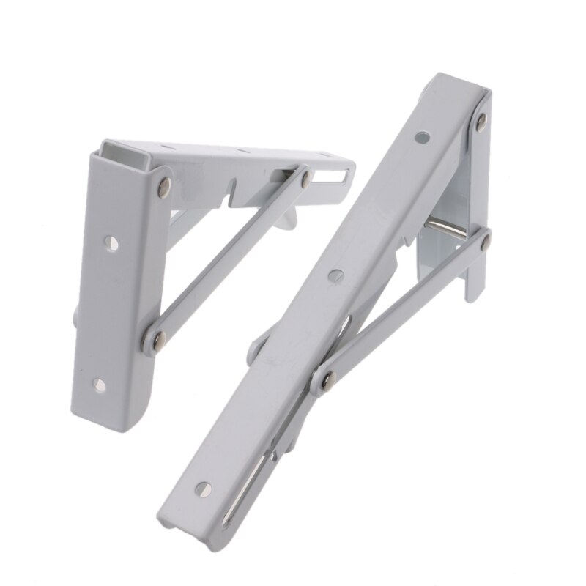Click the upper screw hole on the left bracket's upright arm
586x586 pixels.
coord(111,243)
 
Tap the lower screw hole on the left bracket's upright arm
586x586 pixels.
coord(100,384)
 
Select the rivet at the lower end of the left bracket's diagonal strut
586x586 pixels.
coord(157,338)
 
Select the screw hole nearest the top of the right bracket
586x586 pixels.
coord(421,136)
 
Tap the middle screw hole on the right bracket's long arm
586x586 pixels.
coord(336,275)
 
